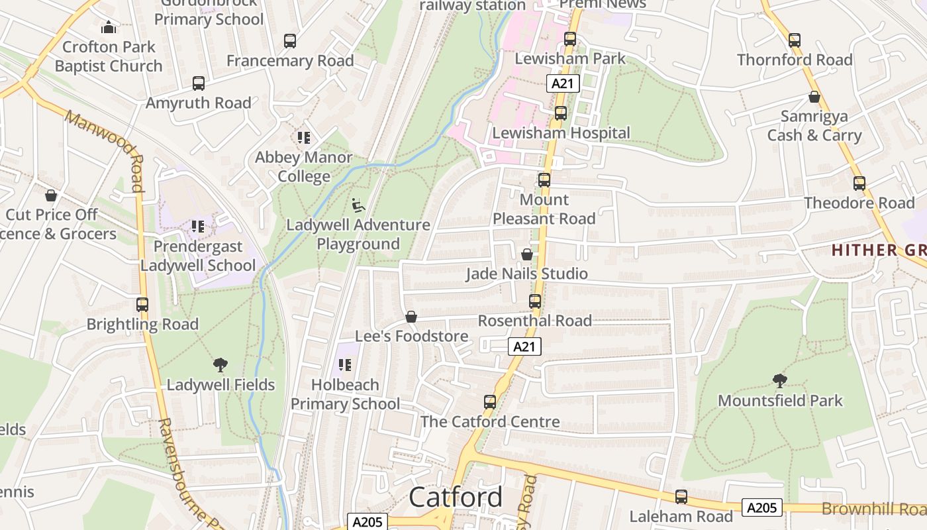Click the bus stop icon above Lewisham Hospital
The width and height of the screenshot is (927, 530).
coord(561,113)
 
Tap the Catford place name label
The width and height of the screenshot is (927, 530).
coord(456,498)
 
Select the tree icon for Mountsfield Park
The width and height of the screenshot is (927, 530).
coord(780,381)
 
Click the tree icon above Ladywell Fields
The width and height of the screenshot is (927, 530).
coord(220,365)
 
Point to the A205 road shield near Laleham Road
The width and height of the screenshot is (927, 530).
coord(761,508)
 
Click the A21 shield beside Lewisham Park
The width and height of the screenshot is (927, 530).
coord(563,83)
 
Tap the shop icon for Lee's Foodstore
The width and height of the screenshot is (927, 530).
coord(411,317)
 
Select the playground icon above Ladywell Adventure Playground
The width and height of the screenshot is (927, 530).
coord(358,205)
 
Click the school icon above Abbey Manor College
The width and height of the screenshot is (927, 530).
coord(304,138)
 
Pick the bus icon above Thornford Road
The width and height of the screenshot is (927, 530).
coord(795,40)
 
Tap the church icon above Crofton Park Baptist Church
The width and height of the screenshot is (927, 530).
coord(109,28)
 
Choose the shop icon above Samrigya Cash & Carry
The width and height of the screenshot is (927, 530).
coord(814,97)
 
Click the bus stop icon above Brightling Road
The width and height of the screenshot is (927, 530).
coord(142,305)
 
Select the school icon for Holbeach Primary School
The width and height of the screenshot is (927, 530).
coord(344,365)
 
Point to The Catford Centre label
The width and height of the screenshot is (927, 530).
coord(490,421)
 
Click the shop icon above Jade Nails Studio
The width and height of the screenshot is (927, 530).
coord(527,254)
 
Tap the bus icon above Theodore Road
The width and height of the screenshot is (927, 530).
coord(859,184)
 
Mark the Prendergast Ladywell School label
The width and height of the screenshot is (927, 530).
coord(197,256)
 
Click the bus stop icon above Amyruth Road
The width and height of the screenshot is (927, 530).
coord(199,83)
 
